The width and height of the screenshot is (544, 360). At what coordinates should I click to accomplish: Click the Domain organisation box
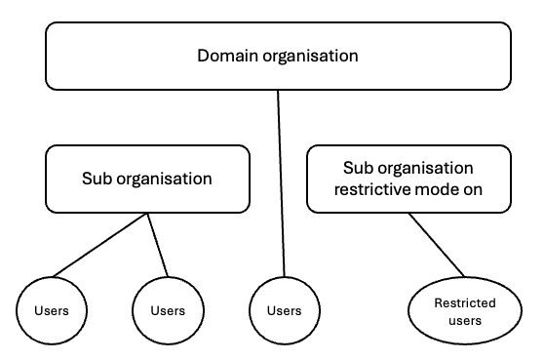pos(278,56)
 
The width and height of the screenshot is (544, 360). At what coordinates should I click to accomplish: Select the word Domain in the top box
pos(228,56)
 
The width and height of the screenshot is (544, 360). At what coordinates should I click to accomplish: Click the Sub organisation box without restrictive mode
pos(146,180)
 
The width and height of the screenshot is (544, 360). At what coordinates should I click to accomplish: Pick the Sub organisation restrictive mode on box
pos(408,179)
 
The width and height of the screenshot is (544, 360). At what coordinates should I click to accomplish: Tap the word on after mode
pos(468,189)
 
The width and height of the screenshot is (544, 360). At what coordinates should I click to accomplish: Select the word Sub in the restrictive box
pos(359,168)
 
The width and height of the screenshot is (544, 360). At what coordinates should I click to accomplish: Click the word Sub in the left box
pos(96,180)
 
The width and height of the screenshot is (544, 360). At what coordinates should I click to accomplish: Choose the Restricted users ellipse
pos(465,311)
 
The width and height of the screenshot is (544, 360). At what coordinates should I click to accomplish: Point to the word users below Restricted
pos(465,320)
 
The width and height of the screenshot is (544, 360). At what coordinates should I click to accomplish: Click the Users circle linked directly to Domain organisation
pos(284,310)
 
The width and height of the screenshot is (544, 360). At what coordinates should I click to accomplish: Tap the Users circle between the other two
pos(168,310)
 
